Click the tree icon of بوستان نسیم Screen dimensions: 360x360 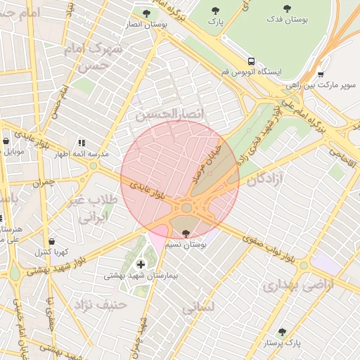tap(186, 233)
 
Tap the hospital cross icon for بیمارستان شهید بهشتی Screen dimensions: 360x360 tap(141, 264)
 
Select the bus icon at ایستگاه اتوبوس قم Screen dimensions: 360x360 tap(251, 60)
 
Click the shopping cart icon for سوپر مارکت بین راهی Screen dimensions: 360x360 tap(321, 74)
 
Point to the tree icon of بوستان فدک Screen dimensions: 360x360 tap(287, 8)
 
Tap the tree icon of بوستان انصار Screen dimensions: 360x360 tap(146, 13)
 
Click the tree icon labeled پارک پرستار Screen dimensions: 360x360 tap(282, 332)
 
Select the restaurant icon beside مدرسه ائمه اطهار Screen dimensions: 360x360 tap(82, 142)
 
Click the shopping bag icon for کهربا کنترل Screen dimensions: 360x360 tap(51, 240)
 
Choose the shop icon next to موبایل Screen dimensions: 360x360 tap(6, 141)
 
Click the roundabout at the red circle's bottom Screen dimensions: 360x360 tap(186, 208)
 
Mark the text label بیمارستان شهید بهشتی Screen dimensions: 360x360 tap(141, 276)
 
